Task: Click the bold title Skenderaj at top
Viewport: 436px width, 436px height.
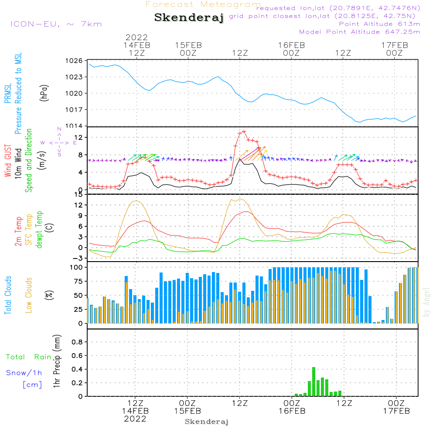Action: pyautogui.click(x=189, y=17)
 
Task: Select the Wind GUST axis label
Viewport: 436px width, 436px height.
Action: pyautogui.click(x=8, y=162)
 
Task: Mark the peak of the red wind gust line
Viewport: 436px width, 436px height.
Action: pyautogui.click(x=244, y=131)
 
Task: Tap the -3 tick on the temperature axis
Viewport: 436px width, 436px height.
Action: pyautogui.click(x=80, y=258)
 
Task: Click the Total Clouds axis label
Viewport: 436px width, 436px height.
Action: pyautogui.click(x=8, y=295)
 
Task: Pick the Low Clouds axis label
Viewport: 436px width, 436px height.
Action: pyautogui.click(x=29, y=295)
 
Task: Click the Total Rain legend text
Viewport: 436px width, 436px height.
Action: pyautogui.click(x=28, y=357)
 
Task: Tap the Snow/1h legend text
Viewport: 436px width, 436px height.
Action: pyautogui.click(x=24, y=373)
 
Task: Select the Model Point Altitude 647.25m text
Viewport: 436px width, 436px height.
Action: pyautogui.click(x=359, y=32)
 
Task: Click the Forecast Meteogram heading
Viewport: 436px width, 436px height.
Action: pyautogui.click(x=203, y=4)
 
